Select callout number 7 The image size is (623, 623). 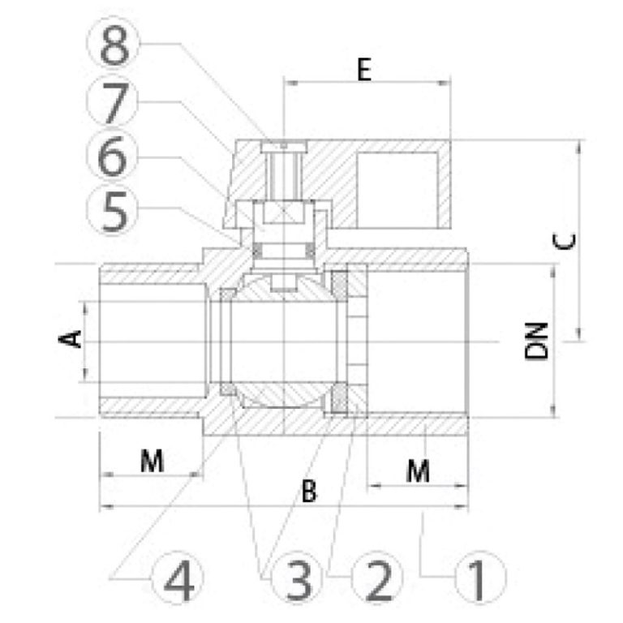(114, 103)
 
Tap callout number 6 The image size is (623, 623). (113, 156)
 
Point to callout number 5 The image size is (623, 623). (114, 211)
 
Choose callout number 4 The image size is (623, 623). (178, 579)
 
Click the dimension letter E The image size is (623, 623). (364, 70)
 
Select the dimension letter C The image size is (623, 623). (565, 242)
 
